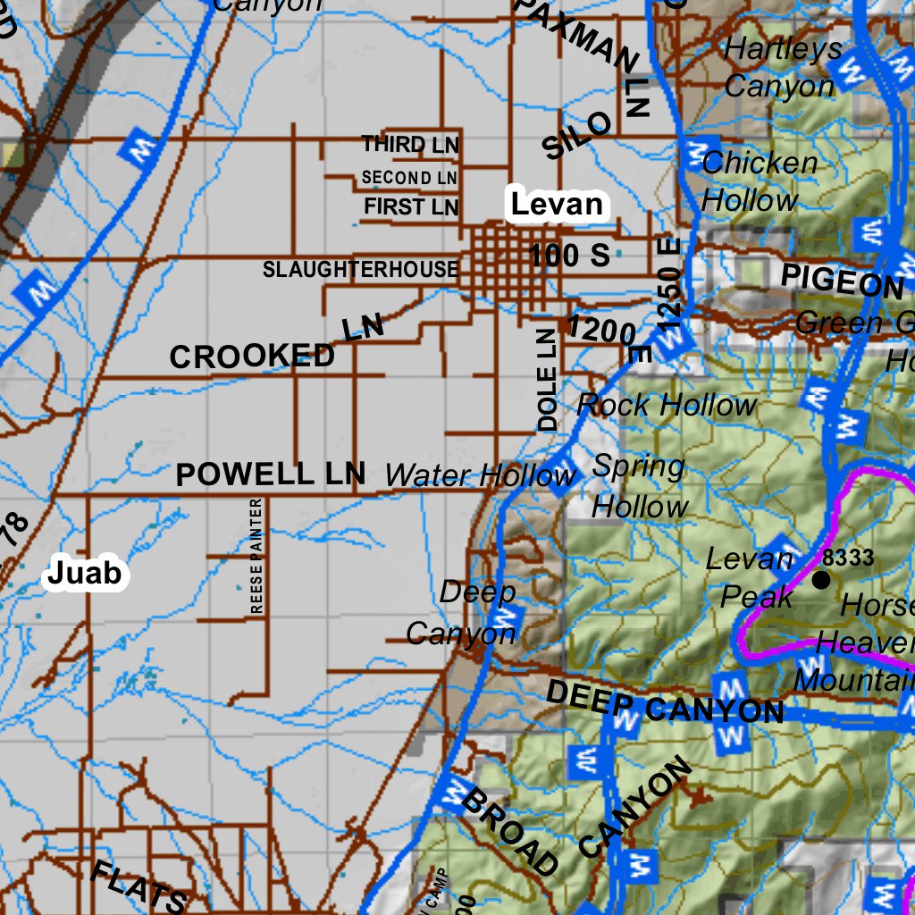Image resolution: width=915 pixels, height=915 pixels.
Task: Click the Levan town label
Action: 557,205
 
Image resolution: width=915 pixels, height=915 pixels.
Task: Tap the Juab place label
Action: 84,573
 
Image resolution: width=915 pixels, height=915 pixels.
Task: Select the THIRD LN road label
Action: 411,145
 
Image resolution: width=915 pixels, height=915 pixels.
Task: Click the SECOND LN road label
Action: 409,178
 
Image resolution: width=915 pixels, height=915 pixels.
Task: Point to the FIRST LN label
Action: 411,207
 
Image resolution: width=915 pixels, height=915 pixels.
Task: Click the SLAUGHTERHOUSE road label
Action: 360,269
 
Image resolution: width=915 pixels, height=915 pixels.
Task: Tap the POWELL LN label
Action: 271,474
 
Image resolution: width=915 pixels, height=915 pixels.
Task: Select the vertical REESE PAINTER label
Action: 257,556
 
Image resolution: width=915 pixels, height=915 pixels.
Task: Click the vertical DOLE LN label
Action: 547,379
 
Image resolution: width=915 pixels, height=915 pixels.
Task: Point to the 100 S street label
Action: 569,256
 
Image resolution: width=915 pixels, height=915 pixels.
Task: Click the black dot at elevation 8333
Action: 820,580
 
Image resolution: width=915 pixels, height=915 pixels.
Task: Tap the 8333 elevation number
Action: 848,558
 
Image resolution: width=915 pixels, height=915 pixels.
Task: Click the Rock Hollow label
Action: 667,405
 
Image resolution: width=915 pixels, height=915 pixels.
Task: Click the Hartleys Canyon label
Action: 782,67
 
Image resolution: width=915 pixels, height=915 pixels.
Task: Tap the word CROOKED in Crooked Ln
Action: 252,357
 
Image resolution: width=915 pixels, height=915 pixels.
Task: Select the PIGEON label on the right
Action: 842,282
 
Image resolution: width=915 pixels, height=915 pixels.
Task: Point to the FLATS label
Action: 140,885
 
